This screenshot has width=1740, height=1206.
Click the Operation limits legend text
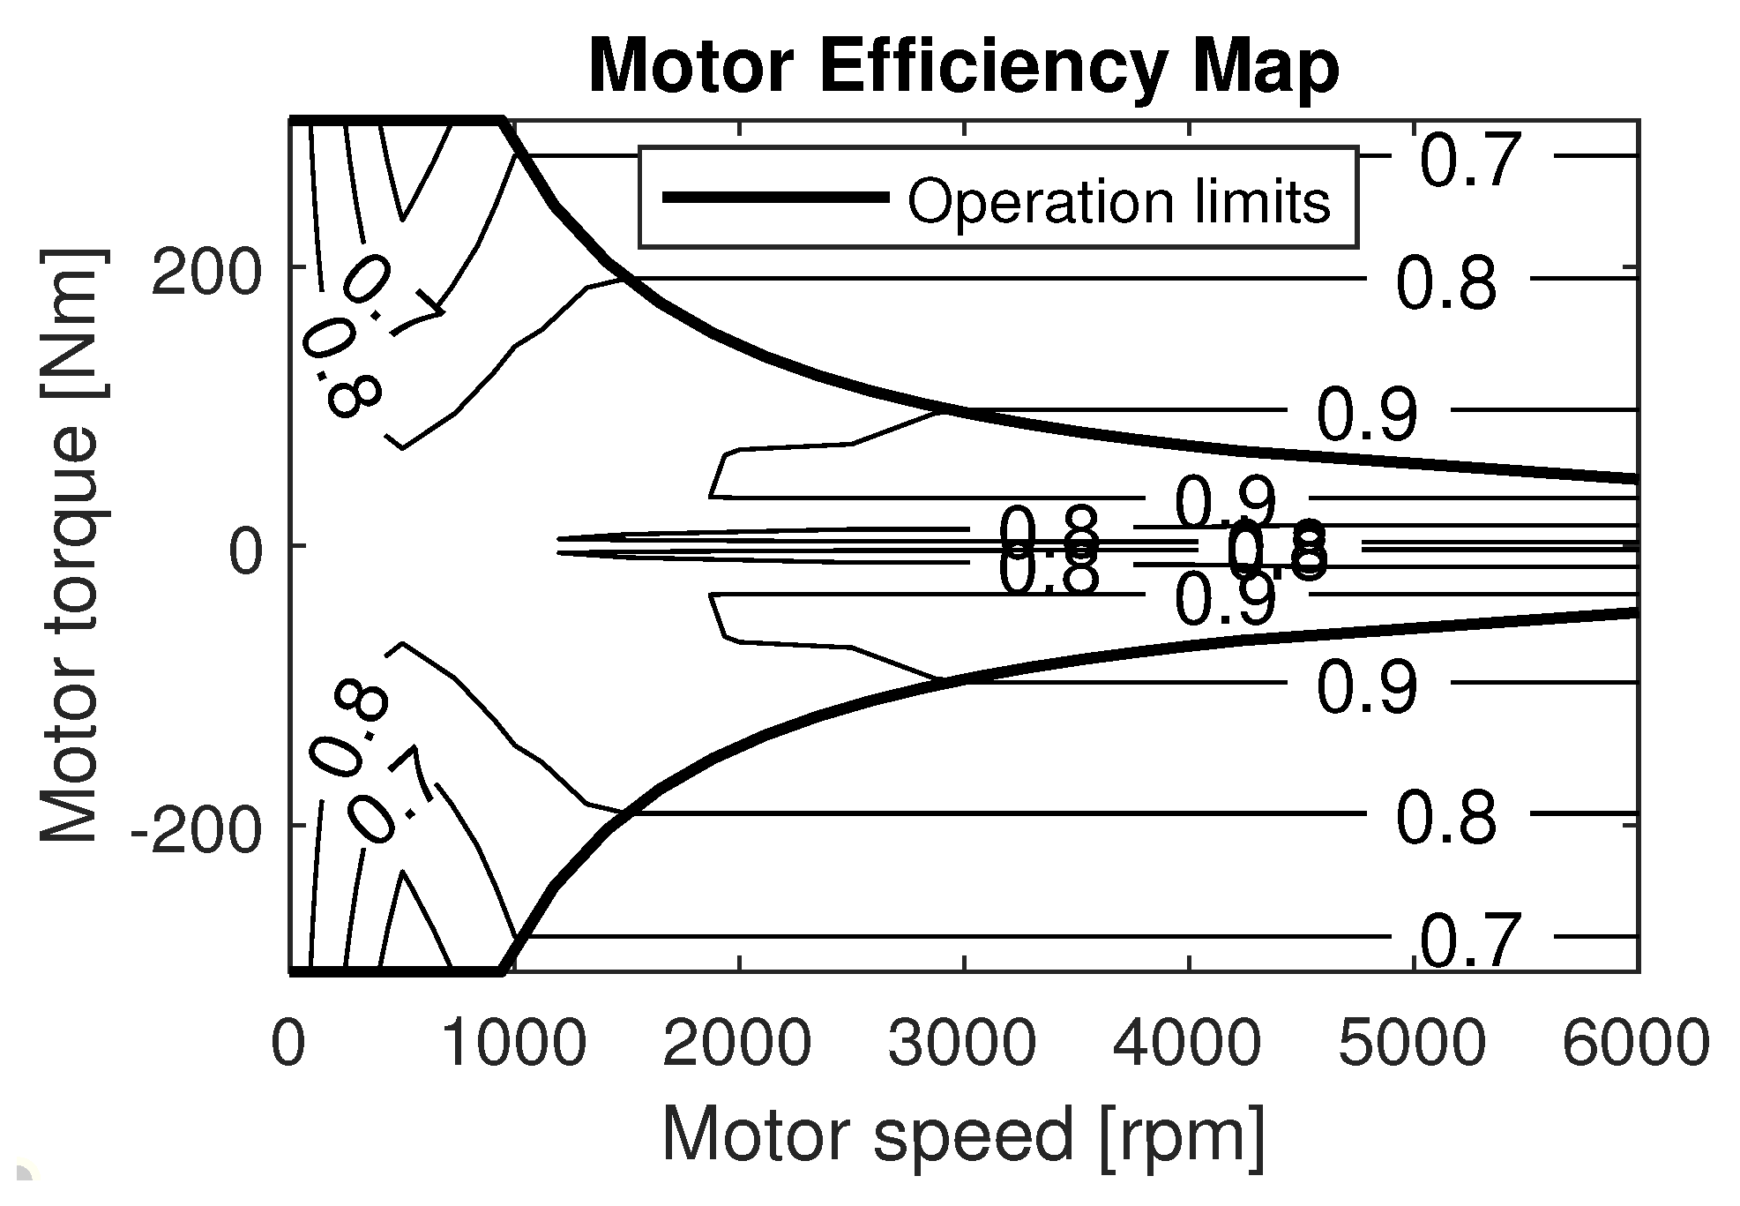pyautogui.click(x=1118, y=202)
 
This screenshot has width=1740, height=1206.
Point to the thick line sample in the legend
pyautogui.click(x=775, y=198)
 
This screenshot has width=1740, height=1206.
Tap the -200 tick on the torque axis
pyautogui.click(x=197, y=831)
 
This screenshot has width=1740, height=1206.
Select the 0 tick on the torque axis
pyautogui.click(x=247, y=553)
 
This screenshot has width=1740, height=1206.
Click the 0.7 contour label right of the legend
pyautogui.click(x=1470, y=161)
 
